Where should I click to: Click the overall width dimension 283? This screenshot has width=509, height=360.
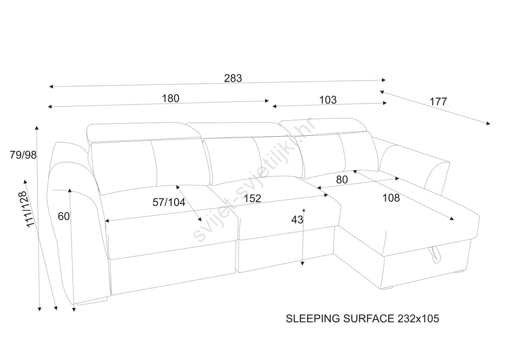pyautogui.click(x=233, y=78)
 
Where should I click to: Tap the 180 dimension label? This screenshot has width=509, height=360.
pyautogui.click(x=171, y=98)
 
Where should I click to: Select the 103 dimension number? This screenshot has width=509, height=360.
pyautogui.click(x=327, y=100)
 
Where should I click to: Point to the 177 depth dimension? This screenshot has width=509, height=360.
pyautogui.click(x=438, y=102)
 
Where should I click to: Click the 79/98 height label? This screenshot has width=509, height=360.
pyautogui.click(x=23, y=155)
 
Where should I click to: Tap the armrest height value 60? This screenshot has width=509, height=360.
pyautogui.click(x=64, y=216)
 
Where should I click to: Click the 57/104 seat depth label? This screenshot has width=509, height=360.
pyautogui.click(x=169, y=202)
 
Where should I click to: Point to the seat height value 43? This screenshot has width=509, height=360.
pyautogui.click(x=297, y=219)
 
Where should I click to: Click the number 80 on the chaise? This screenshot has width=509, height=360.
pyautogui.click(x=342, y=180)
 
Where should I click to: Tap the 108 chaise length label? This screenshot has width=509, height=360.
pyautogui.click(x=391, y=197)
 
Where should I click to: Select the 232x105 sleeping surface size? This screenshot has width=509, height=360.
pyautogui.click(x=418, y=318)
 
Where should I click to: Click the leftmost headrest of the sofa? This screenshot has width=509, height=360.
pyautogui.click(x=143, y=131)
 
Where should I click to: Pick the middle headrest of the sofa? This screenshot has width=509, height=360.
pyautogui.click(x=240, y=129)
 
